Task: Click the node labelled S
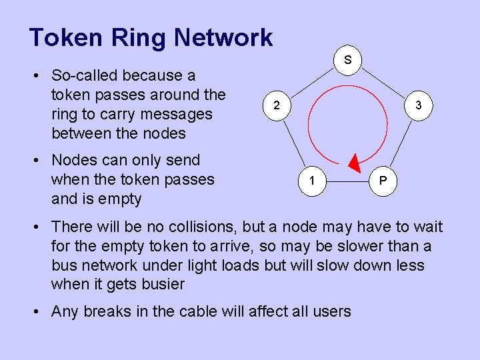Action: click(x=348, y=59)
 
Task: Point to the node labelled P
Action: click(x=382, y=181)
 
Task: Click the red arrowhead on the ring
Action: click(x=355, y=163)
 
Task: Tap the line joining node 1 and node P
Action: click(x=346, y=181)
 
